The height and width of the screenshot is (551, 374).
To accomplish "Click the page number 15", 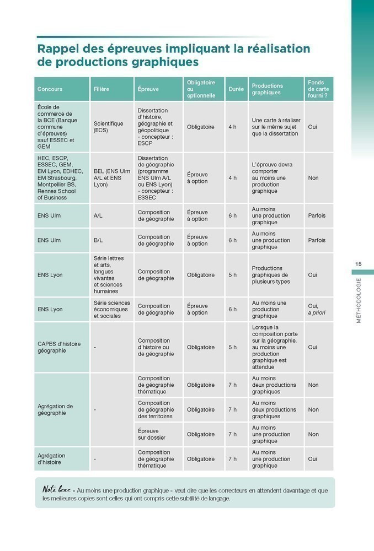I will pyautogui.click(x=359, y=264).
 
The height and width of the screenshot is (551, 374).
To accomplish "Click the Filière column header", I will pyautogui.click(x=101, y=89).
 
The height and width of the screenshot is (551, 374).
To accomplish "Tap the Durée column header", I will pyautogui.click(x=236, y=89).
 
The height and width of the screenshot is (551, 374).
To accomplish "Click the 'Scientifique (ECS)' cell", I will pyautogui.click(x=108, y=127).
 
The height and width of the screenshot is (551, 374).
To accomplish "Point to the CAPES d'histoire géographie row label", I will pyautogui.click(x=59, y=347).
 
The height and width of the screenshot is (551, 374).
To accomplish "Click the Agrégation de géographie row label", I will pyautogui.click(x=55, y=409).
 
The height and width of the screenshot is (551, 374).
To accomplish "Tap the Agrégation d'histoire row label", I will pyautogui.click(x=51, y=459).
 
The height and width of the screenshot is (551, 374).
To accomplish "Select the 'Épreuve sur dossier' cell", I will pyautogui.click(x=152, y=434).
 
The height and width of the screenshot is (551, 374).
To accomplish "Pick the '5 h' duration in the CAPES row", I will pyautogui.click(x=232, y=347).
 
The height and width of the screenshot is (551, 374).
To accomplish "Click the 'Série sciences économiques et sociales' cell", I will pyautogui.click(x=112, y=309).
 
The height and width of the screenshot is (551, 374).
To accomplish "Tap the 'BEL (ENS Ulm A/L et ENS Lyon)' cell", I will pyautogui.click(x=112, y=178).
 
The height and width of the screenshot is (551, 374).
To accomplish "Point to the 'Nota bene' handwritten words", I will pyautogui.click(x=55, y=490).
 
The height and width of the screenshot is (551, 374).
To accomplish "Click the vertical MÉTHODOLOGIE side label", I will pyautogui.click(x=359, y=300).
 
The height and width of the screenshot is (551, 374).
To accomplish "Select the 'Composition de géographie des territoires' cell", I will pyautogui.click(x=156, y=409).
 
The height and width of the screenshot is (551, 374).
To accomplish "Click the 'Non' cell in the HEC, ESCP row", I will pyautogui.click(x=313, y=178).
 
